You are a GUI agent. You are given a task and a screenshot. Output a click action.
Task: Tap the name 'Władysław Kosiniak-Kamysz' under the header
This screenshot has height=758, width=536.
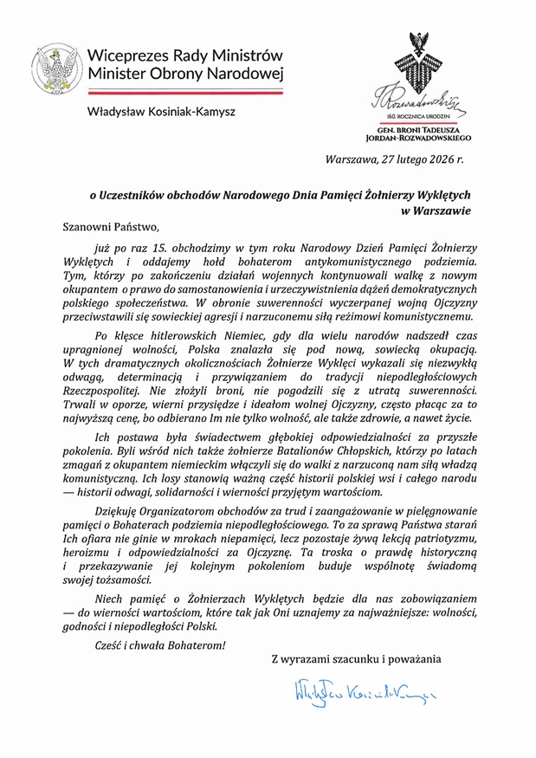click(x=161, y=111)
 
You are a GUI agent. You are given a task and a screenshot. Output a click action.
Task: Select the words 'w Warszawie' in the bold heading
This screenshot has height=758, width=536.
click(x=435, y=209)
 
